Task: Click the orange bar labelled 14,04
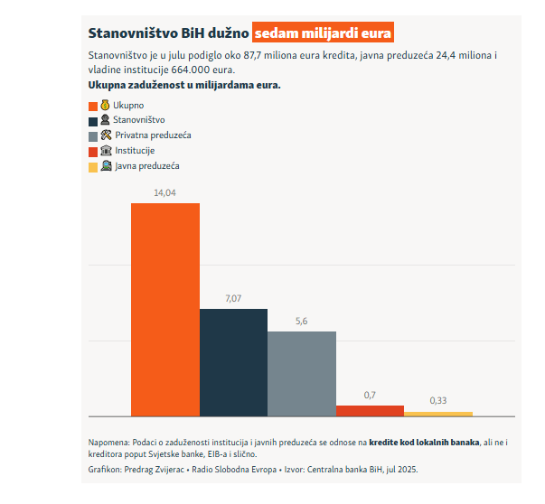(x=165, y=309)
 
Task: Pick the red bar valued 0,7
(x=370, y=410)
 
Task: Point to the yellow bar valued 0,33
(x=438, y=413)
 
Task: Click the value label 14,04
(x=165, y=193)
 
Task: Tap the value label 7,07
(x=233, y=299)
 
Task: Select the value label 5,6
(x=302, y=322)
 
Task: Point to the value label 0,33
(x=438, y=400)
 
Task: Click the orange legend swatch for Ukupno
(x=93, y=106)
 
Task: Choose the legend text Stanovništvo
(x=139, y=120)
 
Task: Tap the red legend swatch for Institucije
(x=93, y=151)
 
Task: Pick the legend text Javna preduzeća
(x=147, y=166)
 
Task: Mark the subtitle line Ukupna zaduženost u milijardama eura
(x=184, y=85)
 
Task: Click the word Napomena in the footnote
(x=108, y=442)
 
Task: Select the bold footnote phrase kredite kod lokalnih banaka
(x=425, y=442)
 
